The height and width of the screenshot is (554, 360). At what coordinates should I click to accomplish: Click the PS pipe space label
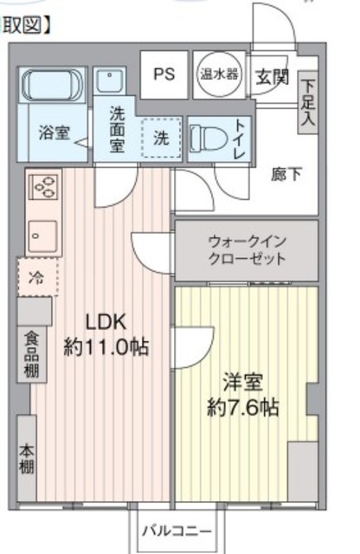164,74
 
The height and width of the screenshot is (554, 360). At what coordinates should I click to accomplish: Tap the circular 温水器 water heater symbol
219,74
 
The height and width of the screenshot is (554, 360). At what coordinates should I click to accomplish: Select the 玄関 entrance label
272,76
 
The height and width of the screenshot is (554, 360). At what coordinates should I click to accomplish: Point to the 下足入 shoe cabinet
308,102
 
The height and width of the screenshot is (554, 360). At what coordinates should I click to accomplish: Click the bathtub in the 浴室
52,85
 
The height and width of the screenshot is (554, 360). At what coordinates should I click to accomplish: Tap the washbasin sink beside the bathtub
110,81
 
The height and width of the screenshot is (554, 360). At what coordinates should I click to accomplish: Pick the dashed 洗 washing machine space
162,138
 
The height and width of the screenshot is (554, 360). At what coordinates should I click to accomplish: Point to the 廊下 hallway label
286,175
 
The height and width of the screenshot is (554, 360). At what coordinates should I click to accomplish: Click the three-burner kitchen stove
43,186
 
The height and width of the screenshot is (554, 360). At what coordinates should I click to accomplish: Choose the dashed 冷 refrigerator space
38,277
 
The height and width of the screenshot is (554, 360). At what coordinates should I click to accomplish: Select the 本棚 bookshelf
27,458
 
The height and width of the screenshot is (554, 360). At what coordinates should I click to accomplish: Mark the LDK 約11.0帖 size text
106,335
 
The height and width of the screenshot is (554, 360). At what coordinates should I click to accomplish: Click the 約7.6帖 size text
243,408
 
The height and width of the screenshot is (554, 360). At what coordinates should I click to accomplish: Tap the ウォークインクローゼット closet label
247,250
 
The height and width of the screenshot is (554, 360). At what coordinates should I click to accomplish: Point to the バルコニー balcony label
177,531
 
